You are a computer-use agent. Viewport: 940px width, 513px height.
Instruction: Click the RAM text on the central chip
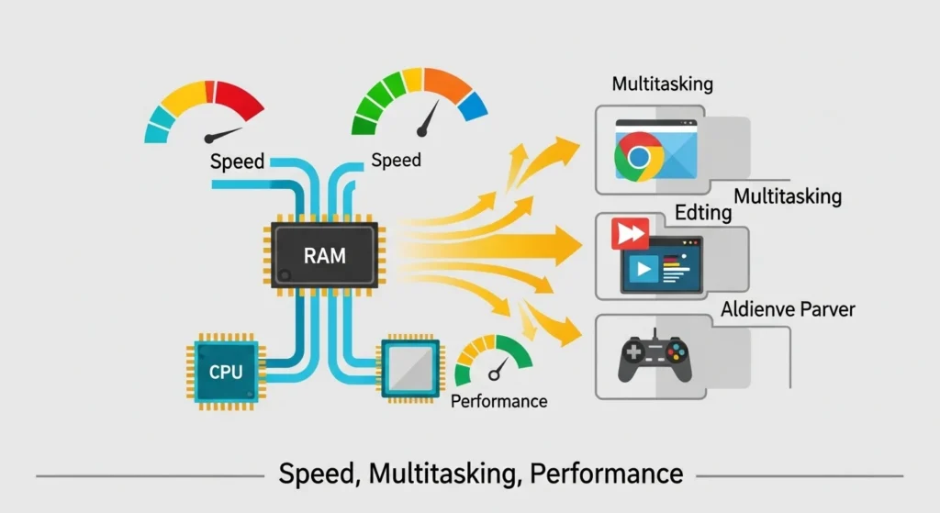(324, 254)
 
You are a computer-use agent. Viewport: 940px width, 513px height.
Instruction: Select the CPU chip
(225, 372)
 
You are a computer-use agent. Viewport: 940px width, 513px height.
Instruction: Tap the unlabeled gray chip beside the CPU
(409, 371)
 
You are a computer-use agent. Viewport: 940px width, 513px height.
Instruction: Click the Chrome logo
(639, 157)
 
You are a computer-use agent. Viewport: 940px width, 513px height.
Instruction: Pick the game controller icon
(655, 356)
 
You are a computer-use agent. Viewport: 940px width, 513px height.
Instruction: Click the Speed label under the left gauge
(237, 162)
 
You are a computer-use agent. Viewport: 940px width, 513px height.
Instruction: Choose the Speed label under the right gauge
(396, 161)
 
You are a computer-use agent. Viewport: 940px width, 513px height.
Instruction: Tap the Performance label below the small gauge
(499, 401)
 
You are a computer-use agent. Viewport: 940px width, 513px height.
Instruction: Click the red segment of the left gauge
(241, 98)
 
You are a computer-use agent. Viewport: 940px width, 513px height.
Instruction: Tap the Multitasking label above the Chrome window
(662, 84)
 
